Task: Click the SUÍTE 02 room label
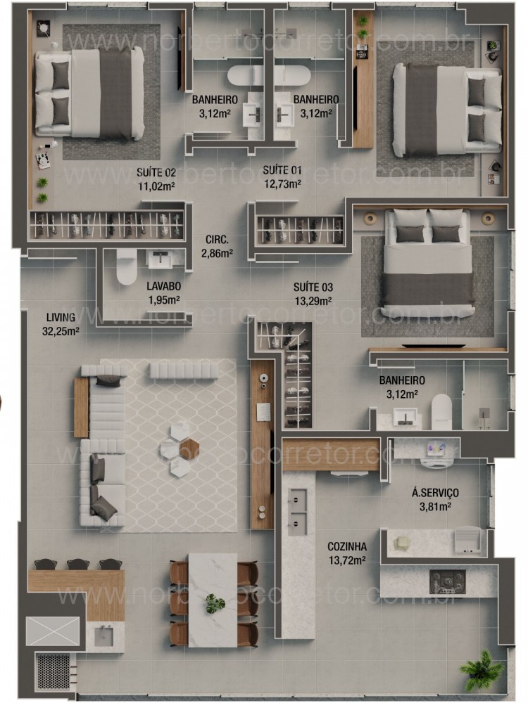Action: tap(156, 179)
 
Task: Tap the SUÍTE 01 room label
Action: tap(282, 176)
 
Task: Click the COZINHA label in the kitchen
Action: tap(347, 552)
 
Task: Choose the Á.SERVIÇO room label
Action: tap(436, 498)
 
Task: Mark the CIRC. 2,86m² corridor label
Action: tap(217, 245)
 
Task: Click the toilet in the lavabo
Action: tap(127, 266)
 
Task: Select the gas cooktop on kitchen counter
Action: tap(448, 581)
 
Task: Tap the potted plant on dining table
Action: tap(214, 603)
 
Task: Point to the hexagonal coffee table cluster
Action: tap(181, 449)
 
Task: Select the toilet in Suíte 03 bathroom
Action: tap(441, 411)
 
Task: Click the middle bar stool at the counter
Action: tap(77, 563)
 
